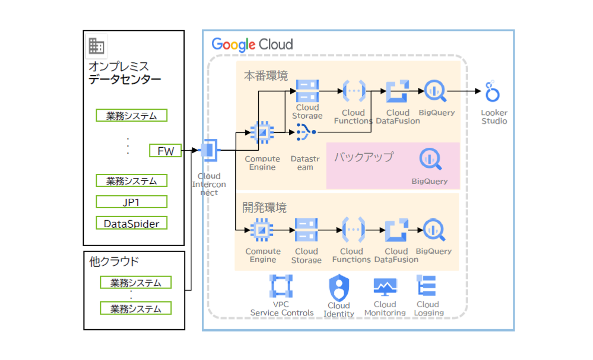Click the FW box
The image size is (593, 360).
coord(165,150)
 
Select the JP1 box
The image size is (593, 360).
coord(131,202)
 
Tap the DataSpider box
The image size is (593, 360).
coord(131,223)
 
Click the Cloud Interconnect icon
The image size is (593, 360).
coord(208,150)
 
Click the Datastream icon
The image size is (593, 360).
coord(305,132)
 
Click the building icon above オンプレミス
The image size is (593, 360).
coord(96,46)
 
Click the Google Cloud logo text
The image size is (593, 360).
coord(252,44)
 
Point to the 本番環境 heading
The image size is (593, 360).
coord(266,76)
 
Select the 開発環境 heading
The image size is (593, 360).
coord(265,208)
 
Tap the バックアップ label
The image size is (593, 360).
coord(364,157)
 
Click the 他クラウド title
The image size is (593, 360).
coord(114,261)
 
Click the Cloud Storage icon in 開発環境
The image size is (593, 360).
coord(306,230)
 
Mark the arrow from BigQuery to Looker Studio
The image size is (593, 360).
coord(464,91)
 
